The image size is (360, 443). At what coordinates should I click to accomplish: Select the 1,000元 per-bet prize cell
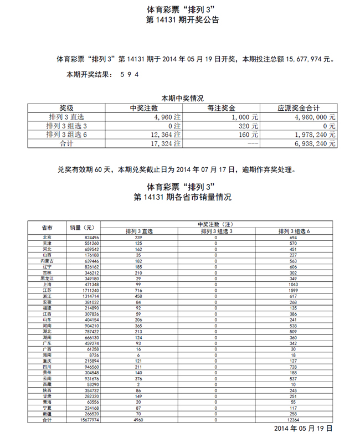(245, 117)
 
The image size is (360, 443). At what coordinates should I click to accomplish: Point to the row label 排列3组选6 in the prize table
(66, 135)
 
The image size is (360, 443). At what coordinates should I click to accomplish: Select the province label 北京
(47, 237)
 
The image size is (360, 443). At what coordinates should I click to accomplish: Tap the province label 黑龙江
(47, 278)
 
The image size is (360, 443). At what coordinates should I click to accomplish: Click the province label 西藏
(47, 383)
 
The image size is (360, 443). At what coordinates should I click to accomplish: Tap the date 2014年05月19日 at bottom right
(304, 429)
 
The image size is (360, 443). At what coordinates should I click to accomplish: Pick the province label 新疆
(47, 414)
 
